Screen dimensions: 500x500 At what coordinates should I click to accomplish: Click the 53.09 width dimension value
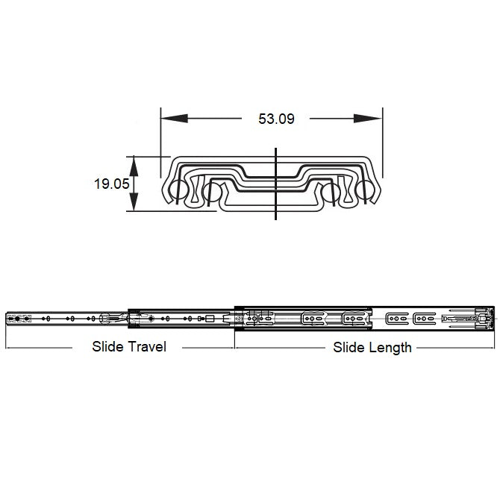[x=276, y=119]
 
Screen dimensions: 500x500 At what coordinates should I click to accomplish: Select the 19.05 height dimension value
[x=112, y=184]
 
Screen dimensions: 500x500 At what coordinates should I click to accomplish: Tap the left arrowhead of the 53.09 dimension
[x=174, y=119]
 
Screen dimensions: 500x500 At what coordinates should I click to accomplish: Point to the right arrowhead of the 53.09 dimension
[x=368, y=119]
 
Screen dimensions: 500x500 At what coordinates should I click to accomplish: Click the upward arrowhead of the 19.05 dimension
[x=134, y=166]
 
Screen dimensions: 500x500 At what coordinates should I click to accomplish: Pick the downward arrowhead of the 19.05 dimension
[x=134, y=201]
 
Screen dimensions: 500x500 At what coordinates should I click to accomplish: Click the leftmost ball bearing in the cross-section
[x=178, y=190]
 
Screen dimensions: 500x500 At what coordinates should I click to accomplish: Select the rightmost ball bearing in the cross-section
[x=365, y=190]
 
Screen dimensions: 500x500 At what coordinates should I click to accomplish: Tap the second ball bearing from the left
[x=212, y=193]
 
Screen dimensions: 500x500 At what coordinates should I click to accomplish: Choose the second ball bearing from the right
[x=331, y=193]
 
